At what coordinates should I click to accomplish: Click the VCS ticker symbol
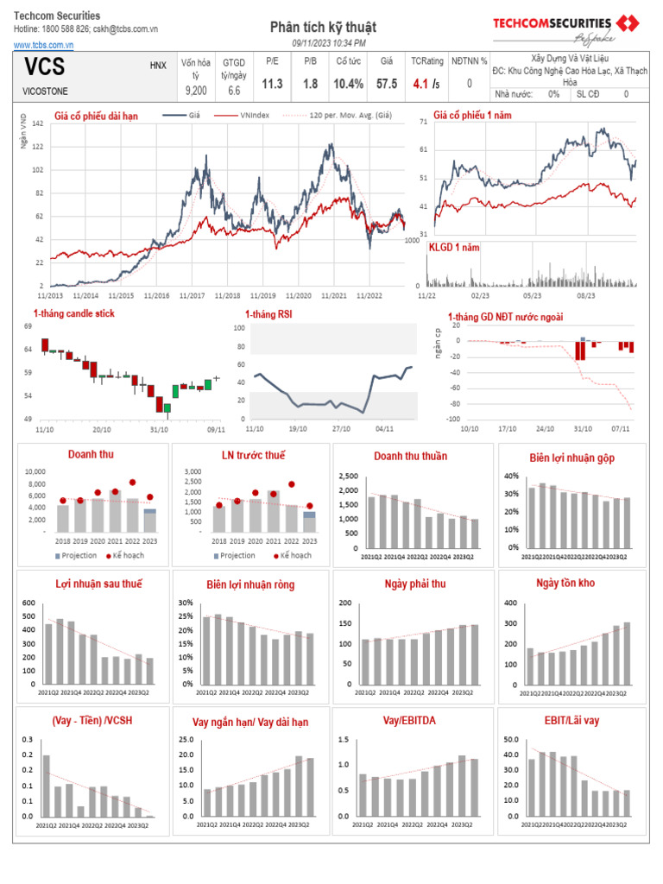(44, 67)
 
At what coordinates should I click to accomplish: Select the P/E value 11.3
(272, 84)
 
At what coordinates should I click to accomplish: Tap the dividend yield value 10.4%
(349, 84)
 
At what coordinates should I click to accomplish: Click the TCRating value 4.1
(420, 84)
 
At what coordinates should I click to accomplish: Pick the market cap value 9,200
(195, 90)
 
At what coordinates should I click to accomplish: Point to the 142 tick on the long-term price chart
(37, 124)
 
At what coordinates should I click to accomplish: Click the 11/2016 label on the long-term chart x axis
(156, 295)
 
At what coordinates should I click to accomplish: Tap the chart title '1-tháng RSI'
(268, 315)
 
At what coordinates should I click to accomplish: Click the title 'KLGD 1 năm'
(454, 248)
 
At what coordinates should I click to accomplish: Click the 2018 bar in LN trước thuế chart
(218, 518)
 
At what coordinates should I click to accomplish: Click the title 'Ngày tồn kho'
(565, 584)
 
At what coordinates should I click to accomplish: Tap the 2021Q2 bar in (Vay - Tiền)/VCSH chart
(46, 786)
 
